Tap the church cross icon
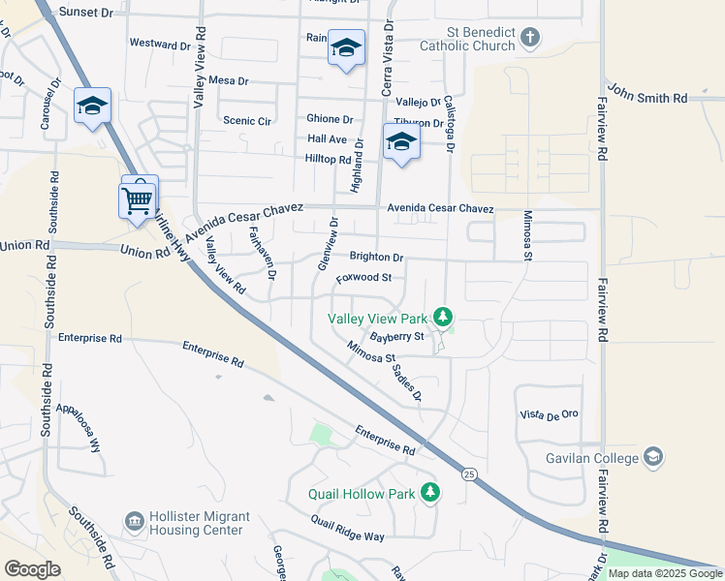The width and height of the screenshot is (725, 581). (x=528, y=38)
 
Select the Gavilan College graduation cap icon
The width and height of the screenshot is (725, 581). (x=654, y=456)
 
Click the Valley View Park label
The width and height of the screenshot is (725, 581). (x=378, y=318)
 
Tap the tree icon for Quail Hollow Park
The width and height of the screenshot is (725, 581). (x=430, y=493)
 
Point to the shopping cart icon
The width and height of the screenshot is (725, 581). (x=138, y=200)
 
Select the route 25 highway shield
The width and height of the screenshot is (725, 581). (x=469, y=474)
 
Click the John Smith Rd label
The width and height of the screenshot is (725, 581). (x=648, y=98)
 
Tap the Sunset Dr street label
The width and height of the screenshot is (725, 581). (x=86, y=13)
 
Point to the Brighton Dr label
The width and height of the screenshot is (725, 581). (x=376, y=258)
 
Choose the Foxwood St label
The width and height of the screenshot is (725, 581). (x=363, y=278)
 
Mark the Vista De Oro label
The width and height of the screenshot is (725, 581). (x=549, y=413)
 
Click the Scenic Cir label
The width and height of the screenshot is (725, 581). (x=247, y=121)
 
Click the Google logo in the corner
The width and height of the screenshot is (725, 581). (x=32, y=568)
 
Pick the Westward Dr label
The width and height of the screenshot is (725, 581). (x=160, y=45)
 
